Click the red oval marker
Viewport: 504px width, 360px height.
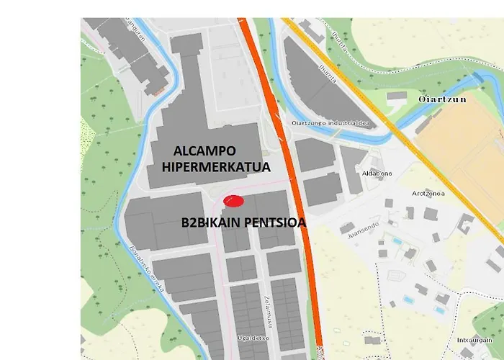pos(234,201)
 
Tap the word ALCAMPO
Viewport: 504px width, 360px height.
pos(203,151)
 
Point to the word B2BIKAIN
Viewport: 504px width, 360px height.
pos(208,223)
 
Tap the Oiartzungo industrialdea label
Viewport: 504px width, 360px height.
pos(330,122)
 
